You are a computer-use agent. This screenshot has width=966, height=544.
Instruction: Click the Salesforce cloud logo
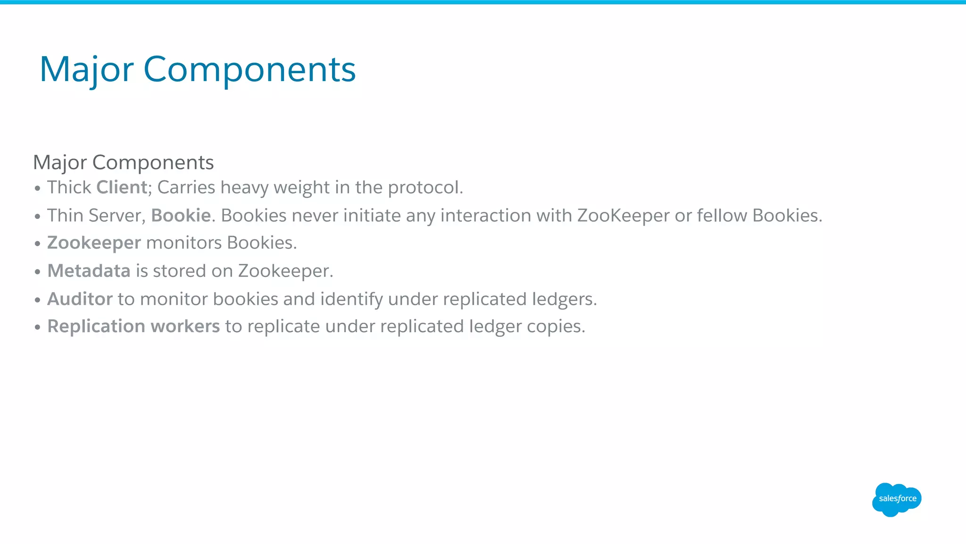pos(896,499)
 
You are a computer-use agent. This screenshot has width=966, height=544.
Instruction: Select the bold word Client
pos(122,187)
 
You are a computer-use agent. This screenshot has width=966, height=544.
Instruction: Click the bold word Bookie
pos(181,216)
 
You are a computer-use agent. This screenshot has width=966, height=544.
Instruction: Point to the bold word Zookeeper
pos(94,243)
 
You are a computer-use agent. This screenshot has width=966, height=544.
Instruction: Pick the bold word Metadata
pos(89,271)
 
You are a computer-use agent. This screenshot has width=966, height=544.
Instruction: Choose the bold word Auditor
pos(80,299)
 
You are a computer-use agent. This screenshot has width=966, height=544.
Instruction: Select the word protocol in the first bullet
pos(425,188)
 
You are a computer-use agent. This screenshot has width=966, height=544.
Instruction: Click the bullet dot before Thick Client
pos(38,189)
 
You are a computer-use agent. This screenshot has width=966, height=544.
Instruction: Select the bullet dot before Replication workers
pos(38,327)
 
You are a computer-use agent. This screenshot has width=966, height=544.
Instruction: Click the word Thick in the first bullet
pos(69,187)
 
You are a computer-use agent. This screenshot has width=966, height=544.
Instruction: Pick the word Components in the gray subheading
pos(153,162)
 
